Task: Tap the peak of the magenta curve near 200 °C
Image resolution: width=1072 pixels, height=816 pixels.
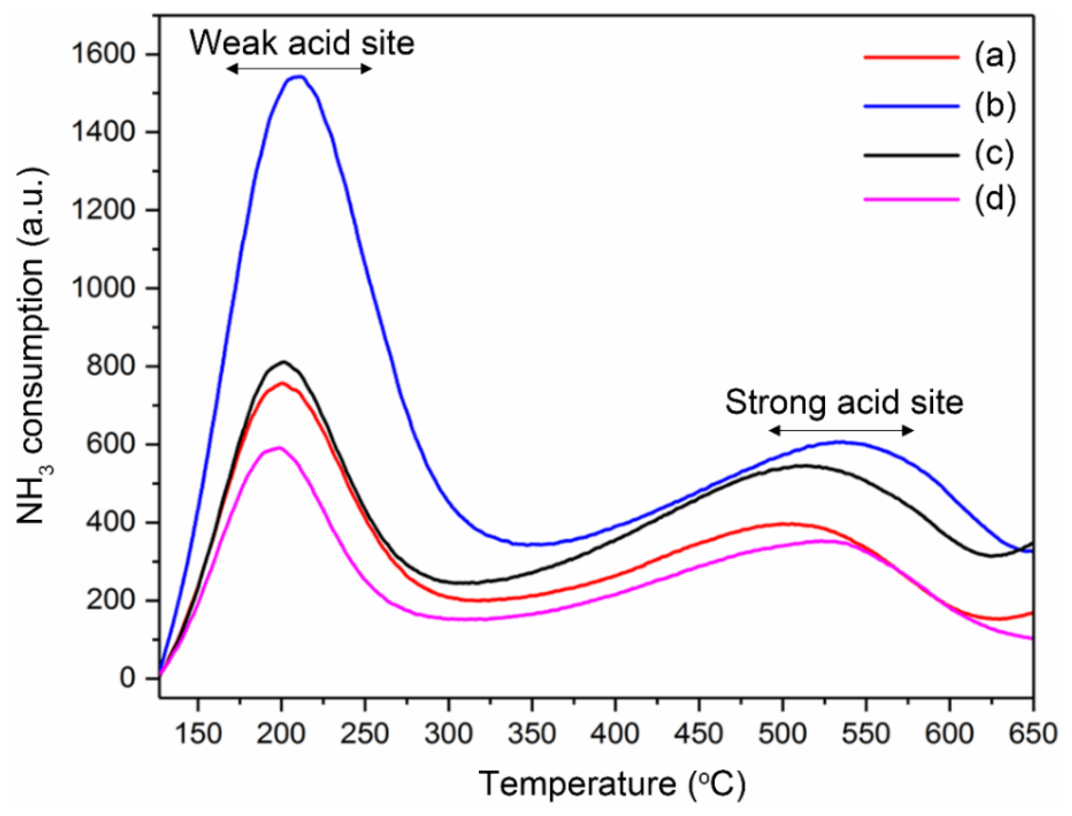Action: tap(278, 448)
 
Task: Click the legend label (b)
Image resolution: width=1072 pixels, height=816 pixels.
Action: tap(995, 106)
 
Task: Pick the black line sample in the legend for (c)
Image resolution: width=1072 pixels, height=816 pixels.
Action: tap(912, 155)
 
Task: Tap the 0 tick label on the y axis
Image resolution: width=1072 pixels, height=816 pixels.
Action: tap(127, 678)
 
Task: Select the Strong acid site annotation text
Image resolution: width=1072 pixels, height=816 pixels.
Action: tap(844, 402)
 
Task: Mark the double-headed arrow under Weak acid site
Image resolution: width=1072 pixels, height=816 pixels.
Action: tap(300, 69)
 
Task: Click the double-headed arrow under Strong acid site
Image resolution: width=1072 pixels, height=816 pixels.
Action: tap(841, 430)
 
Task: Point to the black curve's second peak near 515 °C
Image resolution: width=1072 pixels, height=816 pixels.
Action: tap(802, 466)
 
